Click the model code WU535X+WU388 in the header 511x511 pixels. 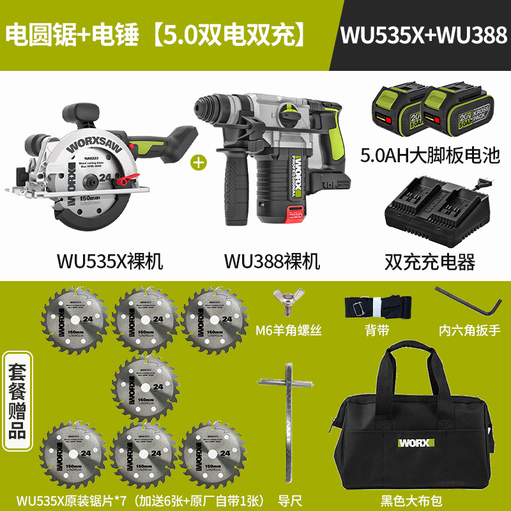point(423,34)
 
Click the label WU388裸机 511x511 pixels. point(272,261)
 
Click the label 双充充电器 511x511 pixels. point(429,261)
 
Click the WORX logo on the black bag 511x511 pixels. point(416,443)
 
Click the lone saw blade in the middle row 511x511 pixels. point(145,383)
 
